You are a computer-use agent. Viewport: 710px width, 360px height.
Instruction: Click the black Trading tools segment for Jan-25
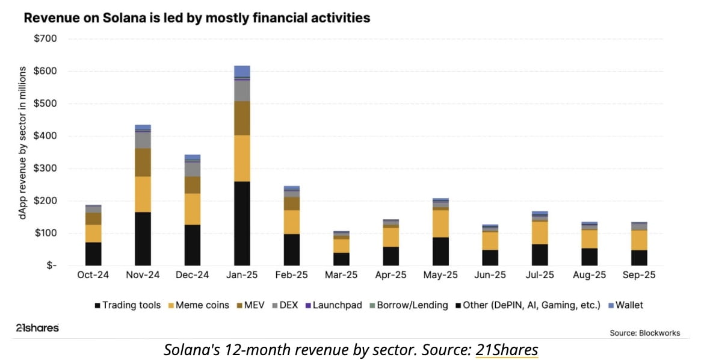(x=242, y=223)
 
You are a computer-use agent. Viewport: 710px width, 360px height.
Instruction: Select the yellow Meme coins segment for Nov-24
(x=143, y=194)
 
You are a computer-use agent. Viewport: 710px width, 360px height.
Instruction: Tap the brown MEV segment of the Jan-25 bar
(x=242, y=118)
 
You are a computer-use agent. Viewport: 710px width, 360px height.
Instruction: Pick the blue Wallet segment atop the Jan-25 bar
(x=242, y=71)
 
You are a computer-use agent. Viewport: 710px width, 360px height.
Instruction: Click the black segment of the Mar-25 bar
(x=341, y=259)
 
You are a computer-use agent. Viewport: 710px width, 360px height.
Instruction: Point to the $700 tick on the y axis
(x=46, y=39)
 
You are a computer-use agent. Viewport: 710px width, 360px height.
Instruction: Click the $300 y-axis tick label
(x=46, y=169)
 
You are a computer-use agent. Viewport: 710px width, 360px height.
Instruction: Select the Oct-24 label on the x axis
(x=93, y=275)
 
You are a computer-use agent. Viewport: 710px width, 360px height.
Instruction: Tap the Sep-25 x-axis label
(x=640, y=275)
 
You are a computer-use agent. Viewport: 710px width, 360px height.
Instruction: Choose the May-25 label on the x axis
(x=440, y=275)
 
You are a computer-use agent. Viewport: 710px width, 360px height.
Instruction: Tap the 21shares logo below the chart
(x=37, y=328)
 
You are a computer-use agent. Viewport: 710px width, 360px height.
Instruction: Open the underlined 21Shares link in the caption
(x=507, y=350)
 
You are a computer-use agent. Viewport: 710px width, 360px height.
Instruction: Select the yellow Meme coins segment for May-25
(x=440, y=223)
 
